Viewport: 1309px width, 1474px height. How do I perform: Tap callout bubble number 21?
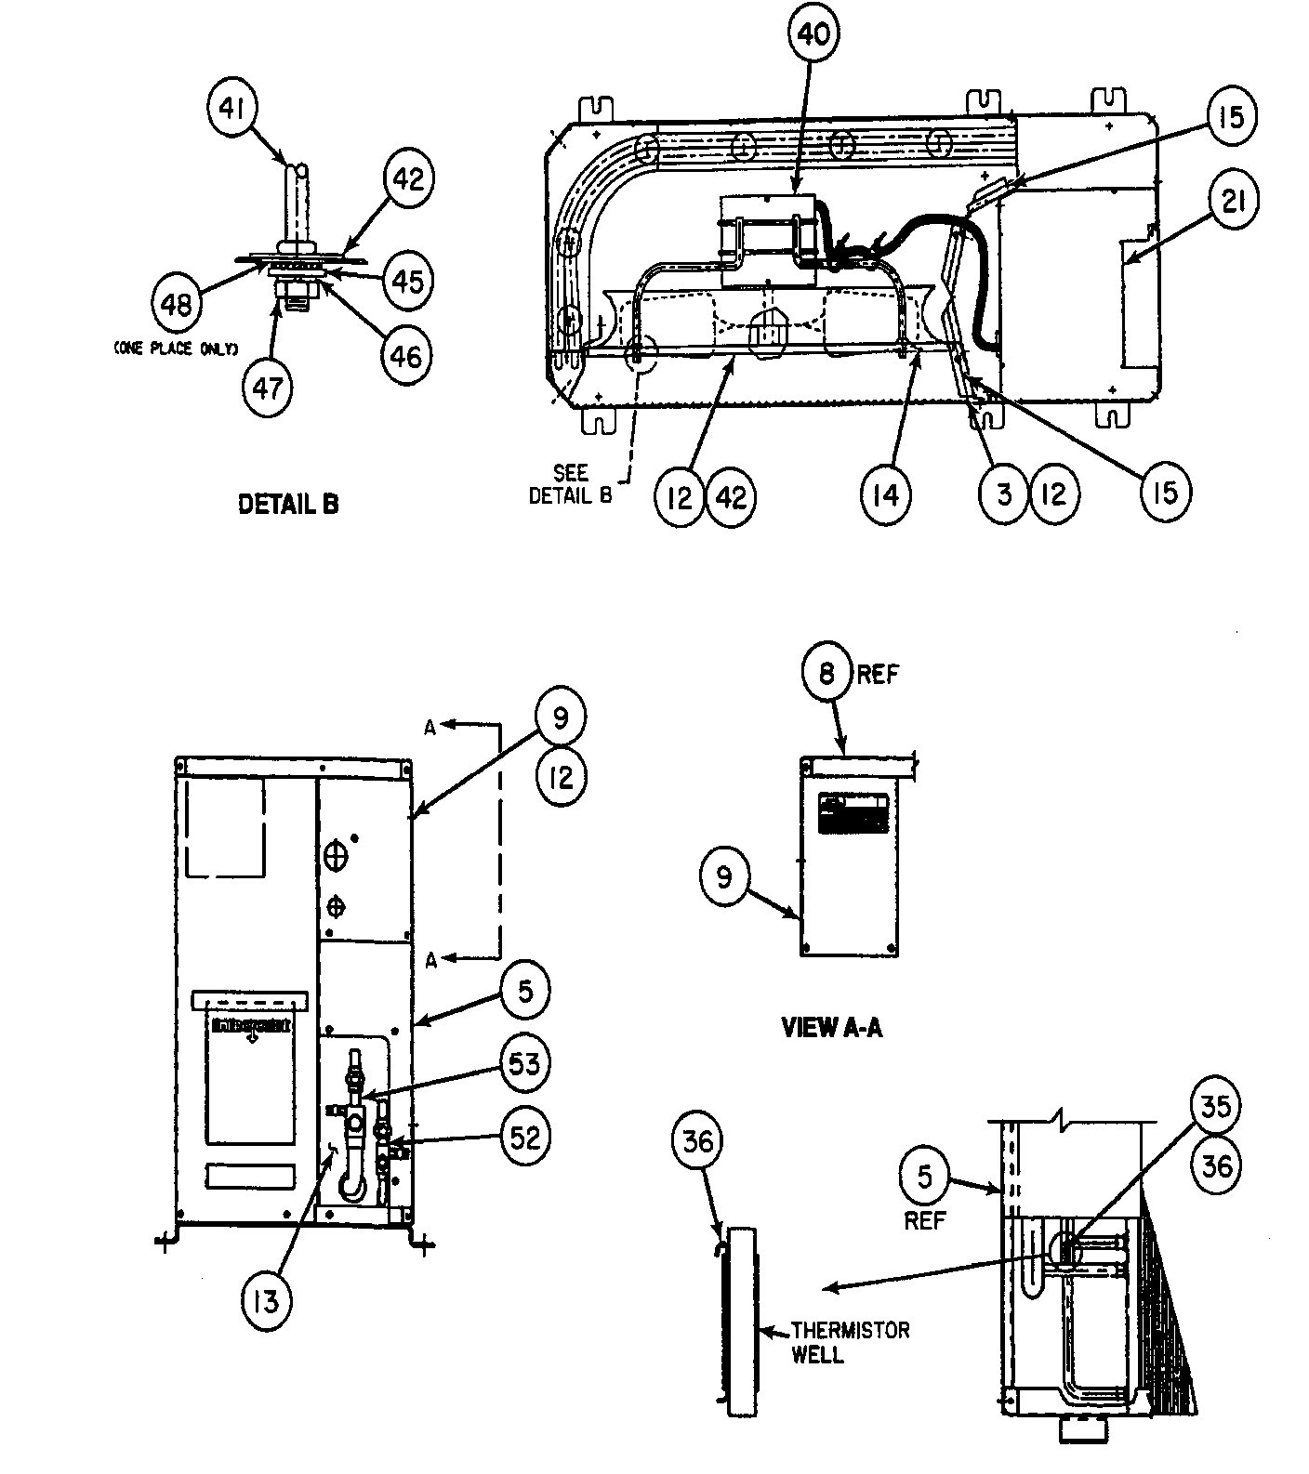[1233, 200]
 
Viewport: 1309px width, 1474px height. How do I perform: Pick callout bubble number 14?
[886, 495]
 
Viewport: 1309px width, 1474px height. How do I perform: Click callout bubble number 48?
[176, 304]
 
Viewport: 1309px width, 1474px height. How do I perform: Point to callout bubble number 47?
[267, 388]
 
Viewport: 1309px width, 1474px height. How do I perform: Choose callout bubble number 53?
[524, 1063]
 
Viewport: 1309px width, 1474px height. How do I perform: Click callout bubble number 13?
[266, 1302]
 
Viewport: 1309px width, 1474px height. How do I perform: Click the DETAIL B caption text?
[288, 505]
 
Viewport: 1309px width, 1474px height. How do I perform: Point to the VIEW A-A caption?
[831, 1028]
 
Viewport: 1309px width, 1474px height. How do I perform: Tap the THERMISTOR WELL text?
[849, 1342]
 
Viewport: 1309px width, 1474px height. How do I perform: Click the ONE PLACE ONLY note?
[176, 349]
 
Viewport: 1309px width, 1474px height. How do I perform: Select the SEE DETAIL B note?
[570, 485]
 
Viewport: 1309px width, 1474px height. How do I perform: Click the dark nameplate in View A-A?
[853, 814]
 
